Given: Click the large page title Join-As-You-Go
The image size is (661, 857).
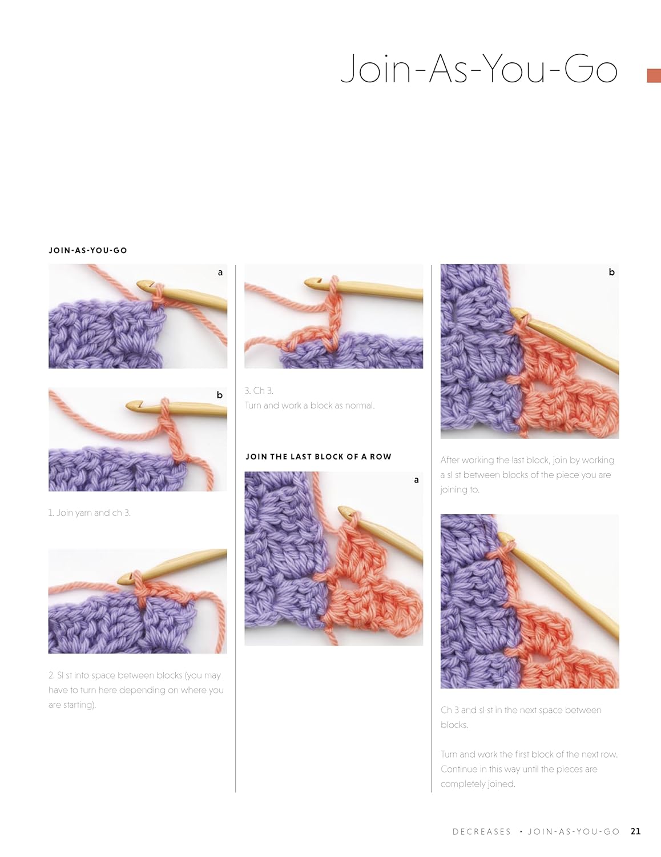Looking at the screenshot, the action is click(478, 69).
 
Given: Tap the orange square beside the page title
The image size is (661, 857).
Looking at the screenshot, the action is click(654, 76).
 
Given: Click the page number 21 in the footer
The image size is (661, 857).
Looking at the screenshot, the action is click(636, 831).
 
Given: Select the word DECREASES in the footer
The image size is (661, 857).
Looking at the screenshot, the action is click(481, 832).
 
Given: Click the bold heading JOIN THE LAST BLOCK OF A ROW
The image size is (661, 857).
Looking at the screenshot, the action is click(319, 456).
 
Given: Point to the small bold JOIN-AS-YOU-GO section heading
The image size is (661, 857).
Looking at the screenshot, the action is click(88, 250).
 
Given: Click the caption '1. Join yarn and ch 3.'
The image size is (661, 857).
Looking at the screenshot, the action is click(90, 512).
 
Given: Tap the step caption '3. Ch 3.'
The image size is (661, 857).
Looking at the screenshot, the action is click(259, 390).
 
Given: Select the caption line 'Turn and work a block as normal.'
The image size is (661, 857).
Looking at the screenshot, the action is click(309, 406).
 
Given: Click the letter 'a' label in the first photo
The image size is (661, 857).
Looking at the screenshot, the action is click(220, 272).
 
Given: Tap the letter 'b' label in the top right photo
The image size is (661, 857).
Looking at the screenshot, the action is click(611, 272).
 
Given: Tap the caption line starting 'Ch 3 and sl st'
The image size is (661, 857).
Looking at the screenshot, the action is click(521, 710).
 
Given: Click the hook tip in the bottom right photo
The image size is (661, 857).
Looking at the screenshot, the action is click(502, 536).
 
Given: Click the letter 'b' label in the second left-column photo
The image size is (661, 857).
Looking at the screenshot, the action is click(219, 395).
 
